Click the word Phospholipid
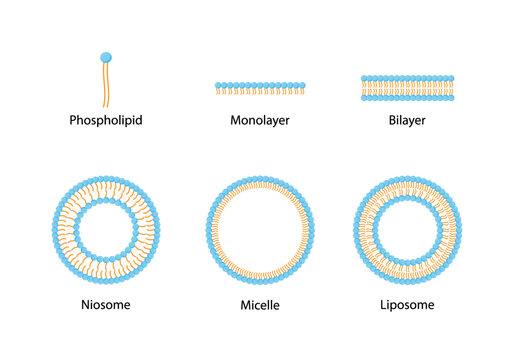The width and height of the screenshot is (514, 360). (106, 121)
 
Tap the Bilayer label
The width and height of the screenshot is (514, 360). (407, 121)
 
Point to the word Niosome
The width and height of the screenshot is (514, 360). (107, 304)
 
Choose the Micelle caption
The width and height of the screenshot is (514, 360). (258, 304)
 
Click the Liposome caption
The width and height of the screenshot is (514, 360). (407, 304)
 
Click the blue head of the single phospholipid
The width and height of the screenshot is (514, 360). (106, 57)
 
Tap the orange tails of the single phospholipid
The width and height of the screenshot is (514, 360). (105, 85)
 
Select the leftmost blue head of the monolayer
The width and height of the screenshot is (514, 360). (219, 86)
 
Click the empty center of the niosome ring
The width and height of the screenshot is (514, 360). (107, 229)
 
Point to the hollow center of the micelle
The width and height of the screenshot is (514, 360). (258, 229)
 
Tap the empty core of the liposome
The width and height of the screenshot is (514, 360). (407, 229)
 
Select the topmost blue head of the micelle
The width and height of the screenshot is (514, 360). (258, 179)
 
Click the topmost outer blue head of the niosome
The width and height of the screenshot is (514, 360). (107, 179)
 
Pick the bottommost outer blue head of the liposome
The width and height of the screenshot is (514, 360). (407, 280)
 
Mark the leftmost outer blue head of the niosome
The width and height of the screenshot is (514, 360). (56, 229)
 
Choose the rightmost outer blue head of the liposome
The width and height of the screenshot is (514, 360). (458, 229)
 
